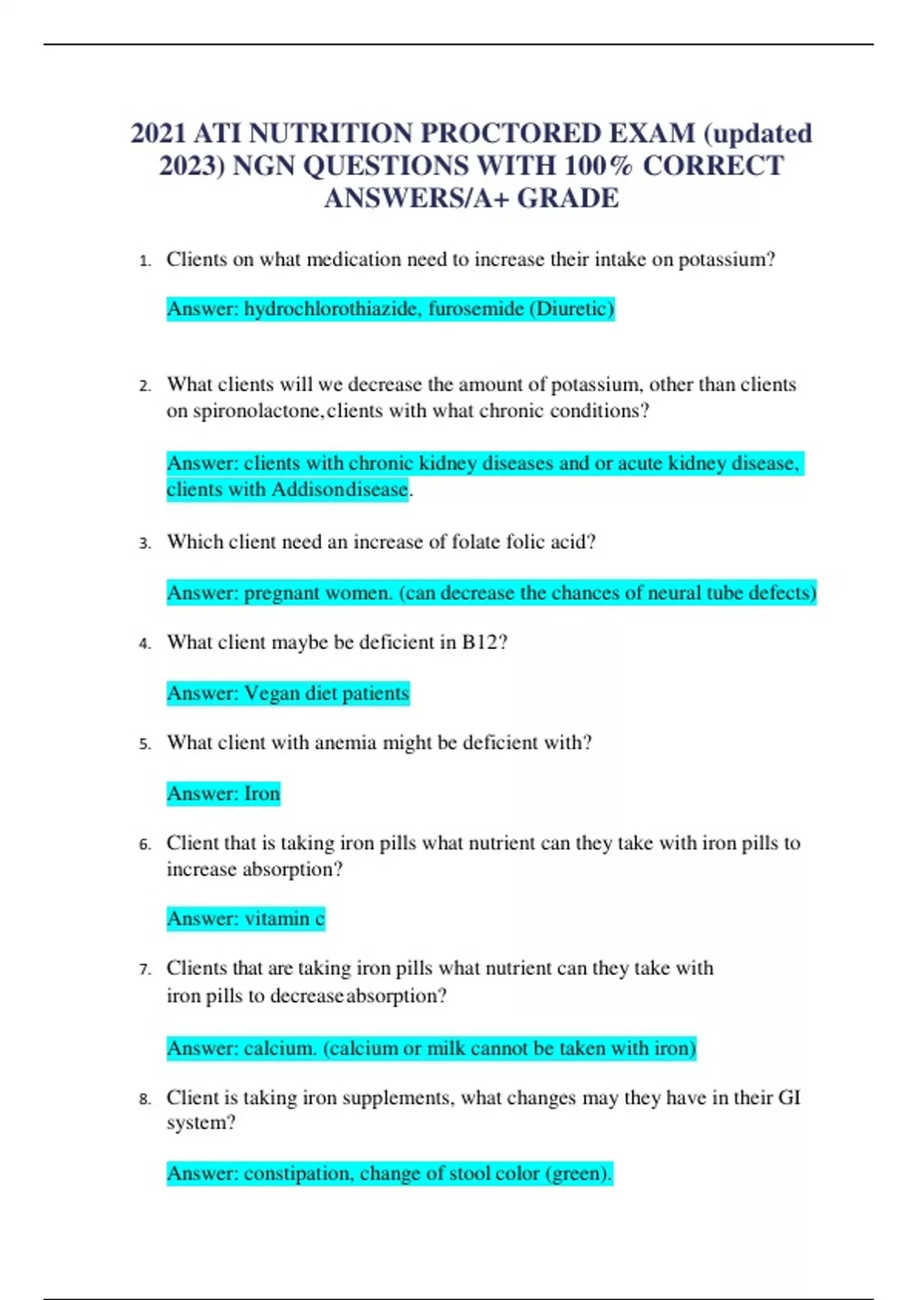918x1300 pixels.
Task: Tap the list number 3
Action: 145,544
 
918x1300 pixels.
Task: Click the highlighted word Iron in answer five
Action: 262,794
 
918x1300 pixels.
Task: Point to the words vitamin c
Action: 284,918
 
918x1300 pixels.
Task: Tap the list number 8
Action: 145,1100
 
